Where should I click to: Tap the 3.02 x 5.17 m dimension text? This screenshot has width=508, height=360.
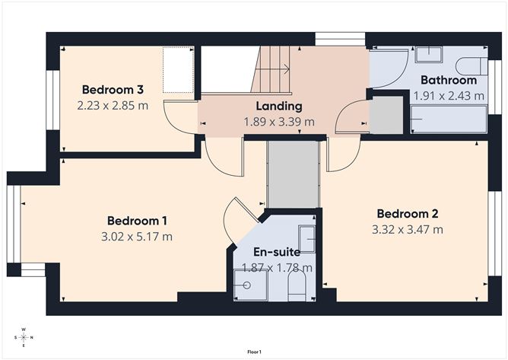[138, 236]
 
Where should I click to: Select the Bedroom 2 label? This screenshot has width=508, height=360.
[407, 214]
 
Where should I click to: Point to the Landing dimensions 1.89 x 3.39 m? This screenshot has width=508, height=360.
[278, 121]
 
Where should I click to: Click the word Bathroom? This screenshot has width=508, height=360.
[444, 80]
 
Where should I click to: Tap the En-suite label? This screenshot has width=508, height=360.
[276, 251]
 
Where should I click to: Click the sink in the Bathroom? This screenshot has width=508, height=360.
[434, 53]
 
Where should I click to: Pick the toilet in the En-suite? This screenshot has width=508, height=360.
[297, 287]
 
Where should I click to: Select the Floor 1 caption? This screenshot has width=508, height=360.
[254, 352]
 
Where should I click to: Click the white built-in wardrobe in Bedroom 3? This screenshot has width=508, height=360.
[179, 67]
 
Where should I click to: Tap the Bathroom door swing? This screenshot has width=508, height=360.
[388, 69]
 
